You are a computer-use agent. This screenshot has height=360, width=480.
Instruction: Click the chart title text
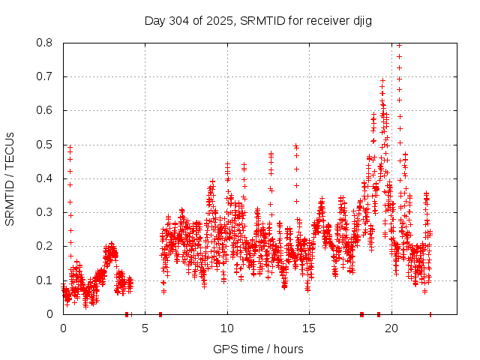point(258,20)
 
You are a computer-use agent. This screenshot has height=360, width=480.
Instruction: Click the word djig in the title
point(360,20)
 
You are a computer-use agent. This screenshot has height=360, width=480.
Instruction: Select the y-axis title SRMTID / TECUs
point(10,178)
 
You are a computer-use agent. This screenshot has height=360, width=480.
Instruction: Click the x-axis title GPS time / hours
point(258,349)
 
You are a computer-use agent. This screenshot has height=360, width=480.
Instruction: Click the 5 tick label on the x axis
point(145,328)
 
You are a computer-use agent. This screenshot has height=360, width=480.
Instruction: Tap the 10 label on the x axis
point(227,328)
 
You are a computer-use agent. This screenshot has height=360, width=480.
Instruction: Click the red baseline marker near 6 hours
point(160,314)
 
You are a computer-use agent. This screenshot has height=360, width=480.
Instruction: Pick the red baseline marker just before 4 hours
point(127,314)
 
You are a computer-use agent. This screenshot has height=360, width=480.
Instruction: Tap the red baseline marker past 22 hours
point(430,314)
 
